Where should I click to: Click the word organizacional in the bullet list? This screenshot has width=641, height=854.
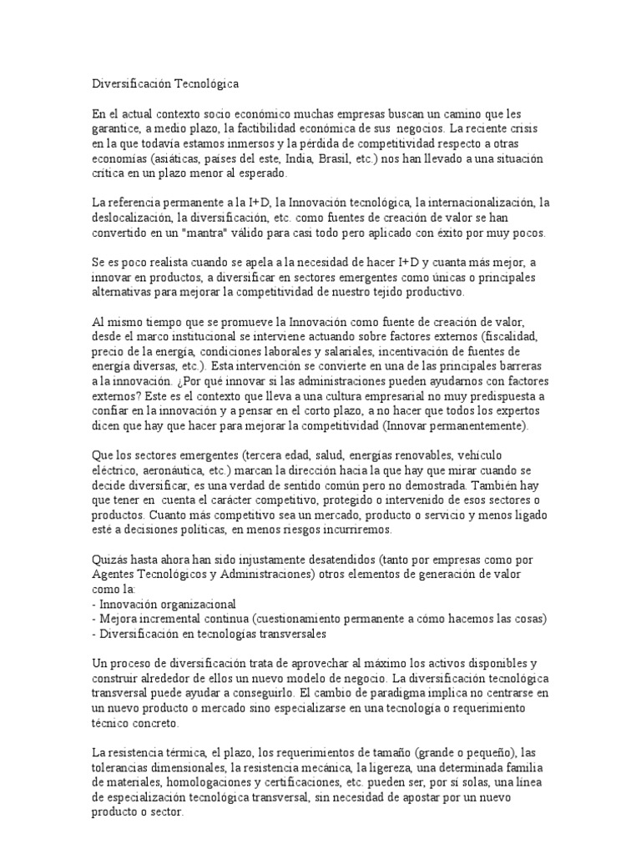[196, 604]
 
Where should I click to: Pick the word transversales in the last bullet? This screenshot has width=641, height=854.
[290, 634]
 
